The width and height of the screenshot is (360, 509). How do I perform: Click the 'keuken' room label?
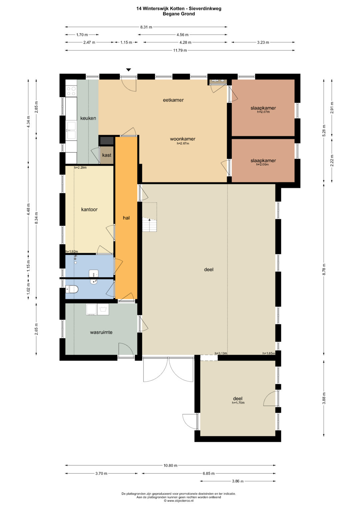[88, 118]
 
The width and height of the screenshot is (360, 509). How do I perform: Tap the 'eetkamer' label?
[173, 100]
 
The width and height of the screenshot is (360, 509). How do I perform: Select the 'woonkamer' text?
[183, 139]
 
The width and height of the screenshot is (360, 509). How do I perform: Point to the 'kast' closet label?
[107, 155]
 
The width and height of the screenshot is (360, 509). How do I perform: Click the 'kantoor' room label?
[89, 210]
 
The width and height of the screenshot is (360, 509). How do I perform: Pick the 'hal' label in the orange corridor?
[126, 218]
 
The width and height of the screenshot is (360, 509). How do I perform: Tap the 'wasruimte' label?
[101, 332]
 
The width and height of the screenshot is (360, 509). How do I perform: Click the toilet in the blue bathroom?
[72, 290]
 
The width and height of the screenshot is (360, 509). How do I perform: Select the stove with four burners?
[71, 91]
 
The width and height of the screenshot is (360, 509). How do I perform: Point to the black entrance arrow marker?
[129, 70]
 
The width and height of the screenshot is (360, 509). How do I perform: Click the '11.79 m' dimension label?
[180, 50]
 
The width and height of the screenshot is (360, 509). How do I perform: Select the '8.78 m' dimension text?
[324, 269]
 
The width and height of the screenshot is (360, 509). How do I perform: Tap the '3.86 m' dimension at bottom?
[237, 481]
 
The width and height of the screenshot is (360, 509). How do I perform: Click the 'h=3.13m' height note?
[221, 353]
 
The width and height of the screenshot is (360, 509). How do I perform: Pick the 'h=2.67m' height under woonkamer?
[183, 143]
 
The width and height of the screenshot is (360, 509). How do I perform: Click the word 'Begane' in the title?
[170, 14]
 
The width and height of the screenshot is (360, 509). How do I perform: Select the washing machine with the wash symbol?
[103, 309]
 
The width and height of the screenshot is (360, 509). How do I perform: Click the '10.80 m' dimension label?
[170, 465]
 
